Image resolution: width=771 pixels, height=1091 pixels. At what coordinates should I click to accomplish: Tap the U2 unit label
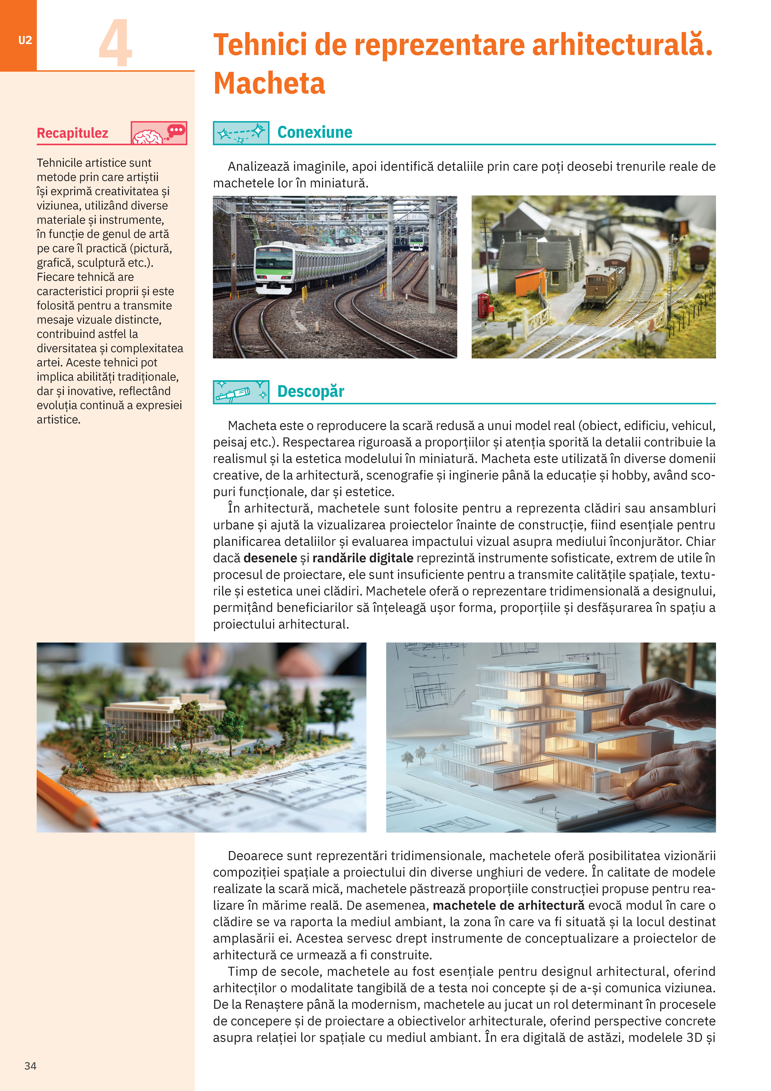tap(25, 40)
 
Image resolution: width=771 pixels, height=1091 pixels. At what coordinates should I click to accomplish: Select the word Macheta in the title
tap(269, 84)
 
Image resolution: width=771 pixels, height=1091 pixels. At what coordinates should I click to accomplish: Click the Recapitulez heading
tap(73, 133)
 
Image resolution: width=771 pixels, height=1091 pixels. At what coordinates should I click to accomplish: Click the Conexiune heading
tap(315, 132)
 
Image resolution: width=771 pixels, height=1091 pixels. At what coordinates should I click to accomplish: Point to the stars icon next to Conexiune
tap(241, 133)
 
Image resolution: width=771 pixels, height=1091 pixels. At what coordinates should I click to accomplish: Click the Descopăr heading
tap(311, 392)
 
